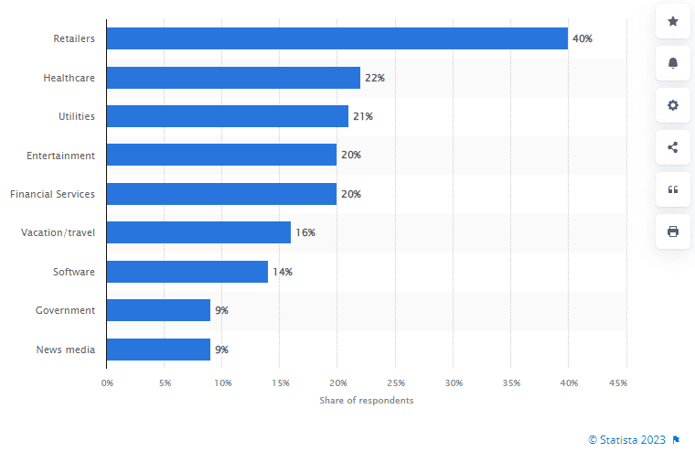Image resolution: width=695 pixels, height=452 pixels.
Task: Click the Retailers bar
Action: coord(337,38)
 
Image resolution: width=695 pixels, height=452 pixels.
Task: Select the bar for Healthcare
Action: coord(233,78)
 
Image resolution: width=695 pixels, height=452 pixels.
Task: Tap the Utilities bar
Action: coord(227,116)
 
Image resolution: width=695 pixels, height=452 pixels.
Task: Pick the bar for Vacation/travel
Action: coord(198,232)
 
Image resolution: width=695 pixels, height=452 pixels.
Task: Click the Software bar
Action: coord(187,272)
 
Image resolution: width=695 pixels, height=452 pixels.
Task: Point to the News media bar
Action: coord(158,350)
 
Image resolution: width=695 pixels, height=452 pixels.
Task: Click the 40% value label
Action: coord(583,39)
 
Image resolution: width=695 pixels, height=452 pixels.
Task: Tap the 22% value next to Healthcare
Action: coord(375,78)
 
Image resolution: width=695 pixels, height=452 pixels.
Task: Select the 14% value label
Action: coord(283,272)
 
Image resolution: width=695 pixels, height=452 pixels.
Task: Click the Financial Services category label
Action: coord(52,194)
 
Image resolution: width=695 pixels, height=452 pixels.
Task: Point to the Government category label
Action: coord(65,310)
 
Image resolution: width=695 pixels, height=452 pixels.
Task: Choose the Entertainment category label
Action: coord(60,156)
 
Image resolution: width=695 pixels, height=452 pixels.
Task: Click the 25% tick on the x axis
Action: coord(396,382)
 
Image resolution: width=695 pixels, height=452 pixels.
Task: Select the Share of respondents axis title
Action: coord(366,401)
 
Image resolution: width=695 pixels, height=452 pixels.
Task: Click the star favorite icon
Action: coord(673,21)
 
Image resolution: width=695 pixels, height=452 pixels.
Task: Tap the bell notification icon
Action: coord(673,63)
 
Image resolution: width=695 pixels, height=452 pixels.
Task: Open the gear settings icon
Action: coord(673,105)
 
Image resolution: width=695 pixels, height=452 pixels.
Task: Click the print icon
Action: coord(673,231)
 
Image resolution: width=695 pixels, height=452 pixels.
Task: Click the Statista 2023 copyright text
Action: coord(627,440)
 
